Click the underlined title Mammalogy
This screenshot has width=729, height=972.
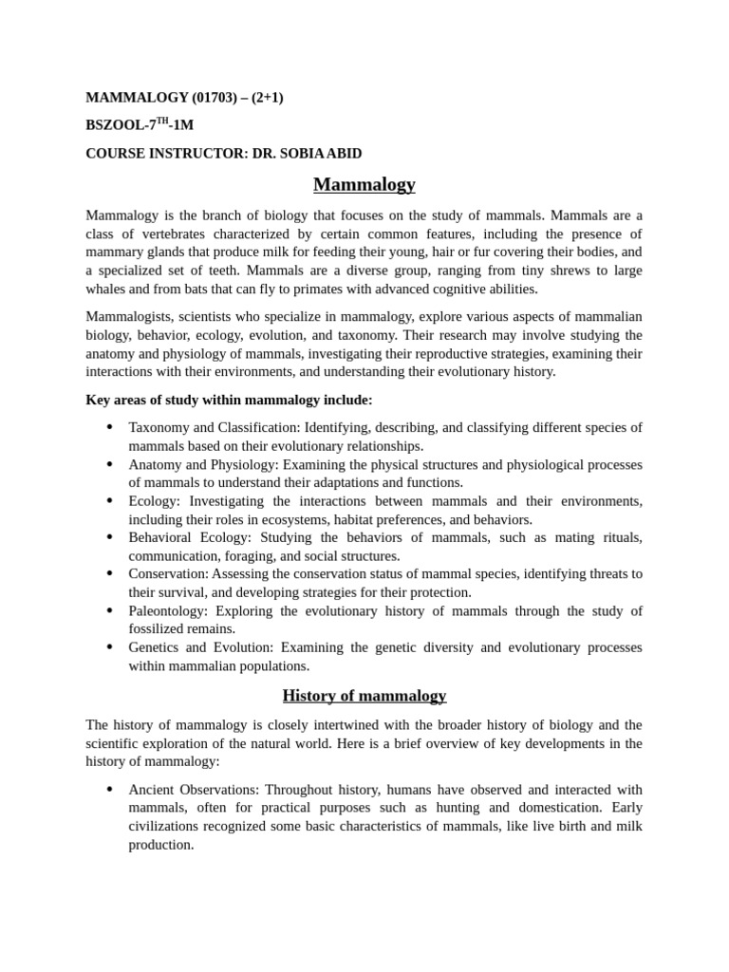click(364, 183)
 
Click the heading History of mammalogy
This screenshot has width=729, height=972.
click(364, 696)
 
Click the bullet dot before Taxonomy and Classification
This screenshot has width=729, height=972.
click(110, 428)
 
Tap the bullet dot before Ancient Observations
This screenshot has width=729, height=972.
click(110, 790)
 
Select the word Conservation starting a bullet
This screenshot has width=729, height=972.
click(168, 574)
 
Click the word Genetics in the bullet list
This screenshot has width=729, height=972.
click(154, 647)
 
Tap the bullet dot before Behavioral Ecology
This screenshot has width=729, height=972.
click(110, 537)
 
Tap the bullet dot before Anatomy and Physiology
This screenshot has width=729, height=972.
click(110, 464)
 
